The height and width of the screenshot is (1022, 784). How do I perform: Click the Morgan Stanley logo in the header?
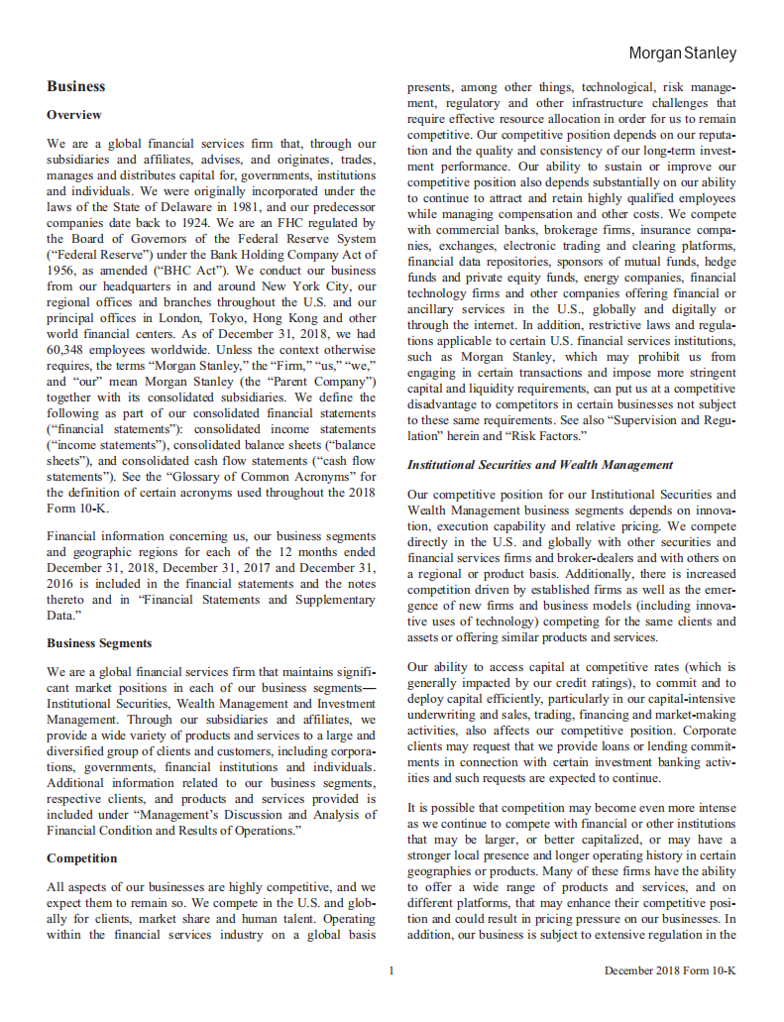point(682,54)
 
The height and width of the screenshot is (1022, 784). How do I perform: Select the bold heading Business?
point(75,87)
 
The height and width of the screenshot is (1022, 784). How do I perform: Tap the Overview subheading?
point(74,115)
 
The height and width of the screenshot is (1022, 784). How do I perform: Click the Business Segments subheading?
point(99,643)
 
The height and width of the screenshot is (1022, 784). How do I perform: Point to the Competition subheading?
point(81,858)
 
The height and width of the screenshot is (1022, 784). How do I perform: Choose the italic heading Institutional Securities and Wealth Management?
point(540,465)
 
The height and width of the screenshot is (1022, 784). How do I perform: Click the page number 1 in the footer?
point(392,970)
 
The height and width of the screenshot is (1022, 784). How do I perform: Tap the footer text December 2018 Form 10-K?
point(670,970)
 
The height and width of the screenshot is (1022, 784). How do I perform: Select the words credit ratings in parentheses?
point(537,682)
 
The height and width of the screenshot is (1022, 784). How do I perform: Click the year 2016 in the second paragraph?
point(61,585)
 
